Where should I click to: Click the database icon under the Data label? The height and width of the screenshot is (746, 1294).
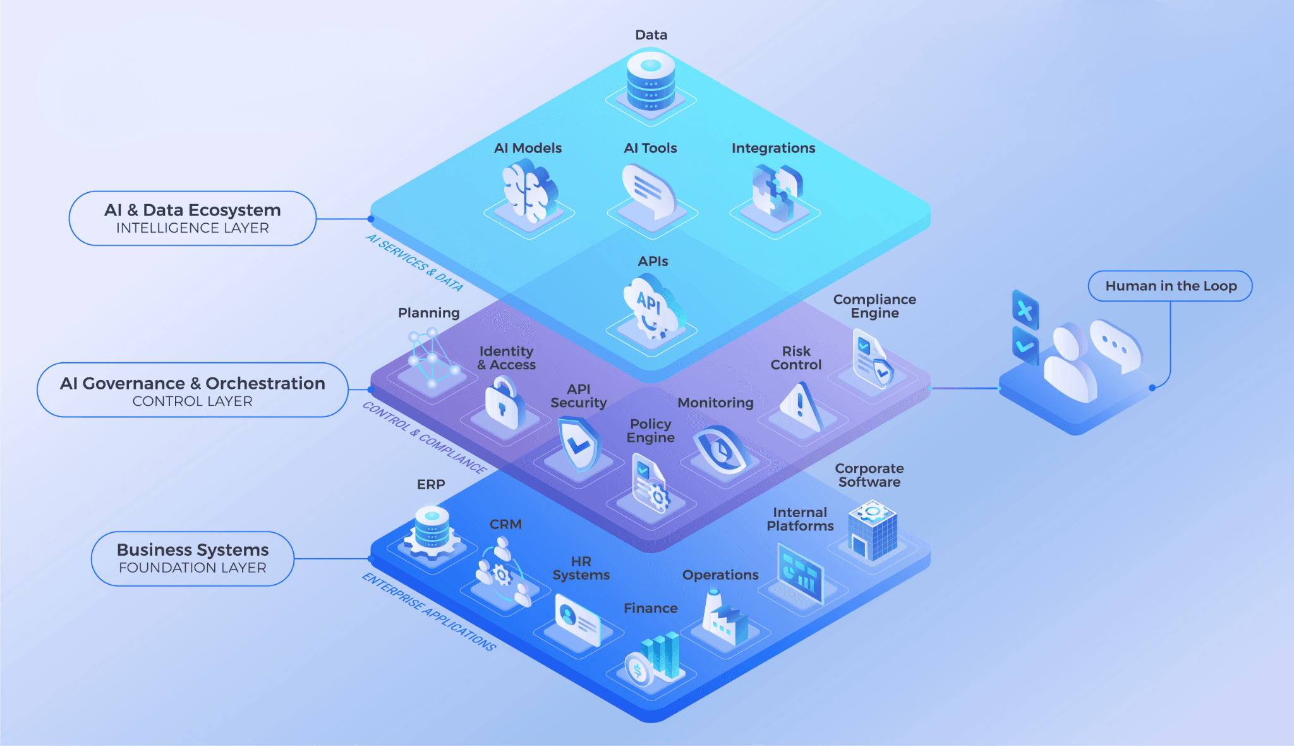coord(651,82)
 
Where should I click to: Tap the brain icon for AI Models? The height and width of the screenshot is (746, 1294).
coord(529,190)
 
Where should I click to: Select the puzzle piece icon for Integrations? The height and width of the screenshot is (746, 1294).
coord(777,192)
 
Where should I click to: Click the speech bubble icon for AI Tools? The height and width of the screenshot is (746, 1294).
coord(649,191)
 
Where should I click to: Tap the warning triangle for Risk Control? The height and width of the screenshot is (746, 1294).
coord(801,407)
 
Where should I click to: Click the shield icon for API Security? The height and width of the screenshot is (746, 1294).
coord(579,444)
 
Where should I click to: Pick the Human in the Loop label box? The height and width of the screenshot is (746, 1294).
coord(1170,286)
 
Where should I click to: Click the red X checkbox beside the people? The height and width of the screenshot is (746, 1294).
coord(1025,310)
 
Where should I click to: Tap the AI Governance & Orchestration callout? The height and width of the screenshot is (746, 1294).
coord(193,390)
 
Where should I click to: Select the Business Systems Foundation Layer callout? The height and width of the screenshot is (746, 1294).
coord(193,559)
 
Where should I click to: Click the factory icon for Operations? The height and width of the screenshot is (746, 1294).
coord(724,618)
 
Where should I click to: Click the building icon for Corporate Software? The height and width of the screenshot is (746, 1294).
coord(872,531)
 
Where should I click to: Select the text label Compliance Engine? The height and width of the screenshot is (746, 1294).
coord(874,307)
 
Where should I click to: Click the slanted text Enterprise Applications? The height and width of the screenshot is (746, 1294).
coord(429,611)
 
